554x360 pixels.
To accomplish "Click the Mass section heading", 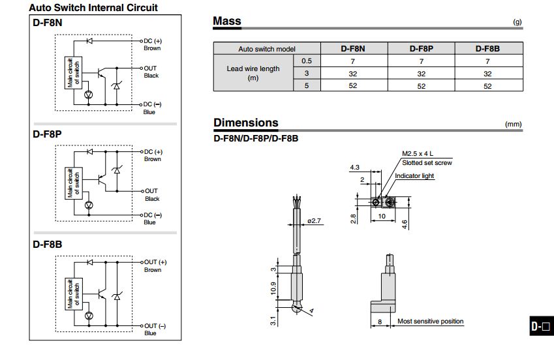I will point(227,21).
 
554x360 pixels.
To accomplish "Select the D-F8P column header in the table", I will point(421,49).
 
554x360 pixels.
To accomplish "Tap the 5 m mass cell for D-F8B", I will point(487,86).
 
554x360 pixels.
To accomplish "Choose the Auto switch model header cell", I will point(266,49).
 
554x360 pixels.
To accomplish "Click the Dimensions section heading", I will point(245,123).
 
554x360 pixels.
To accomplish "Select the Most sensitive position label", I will point(431,321).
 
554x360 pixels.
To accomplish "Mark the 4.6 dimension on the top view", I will point(405,224).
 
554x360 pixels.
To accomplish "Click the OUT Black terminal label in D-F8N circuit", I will point(151,72).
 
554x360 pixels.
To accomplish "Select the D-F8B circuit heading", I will point(47,245).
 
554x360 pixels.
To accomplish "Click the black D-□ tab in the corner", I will point(541,327).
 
